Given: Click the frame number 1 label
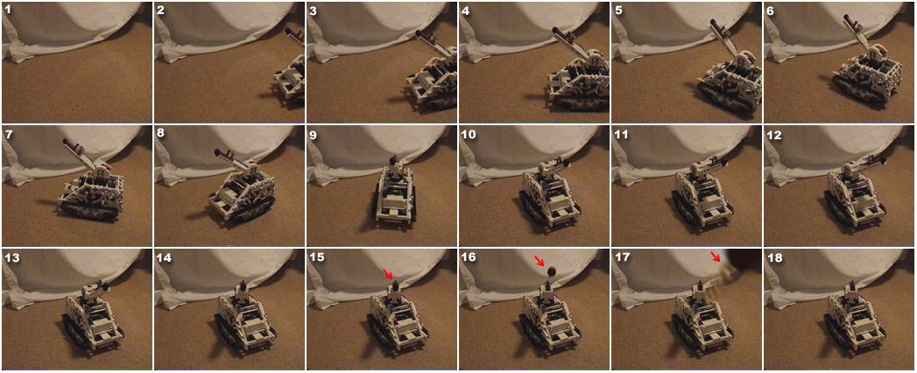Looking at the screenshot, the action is coord(8,10).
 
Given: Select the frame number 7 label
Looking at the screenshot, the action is coord(8,134).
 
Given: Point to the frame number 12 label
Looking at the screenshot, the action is coord(774,134).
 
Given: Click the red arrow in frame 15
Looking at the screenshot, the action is coord(389,273).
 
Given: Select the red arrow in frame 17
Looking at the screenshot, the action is coord(716,256).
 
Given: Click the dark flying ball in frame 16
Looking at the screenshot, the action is coord(551,271).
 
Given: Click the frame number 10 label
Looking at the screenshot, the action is coord(470,134).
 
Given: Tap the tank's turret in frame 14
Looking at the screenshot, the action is coord(242,290).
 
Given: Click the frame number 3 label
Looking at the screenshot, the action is coord(314,10).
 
